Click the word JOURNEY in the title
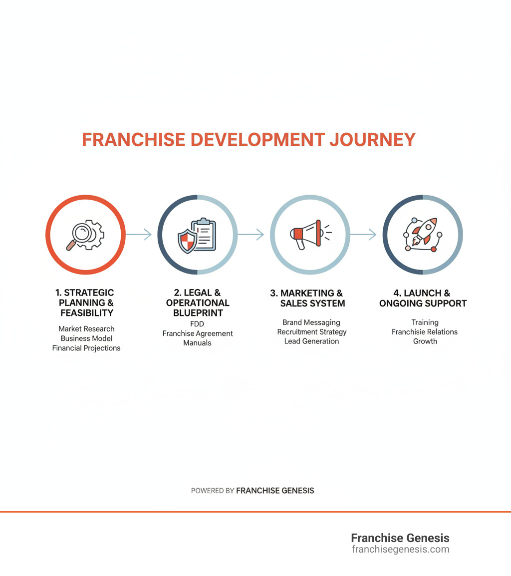point(372,140)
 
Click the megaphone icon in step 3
point(305,234)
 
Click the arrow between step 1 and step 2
point(139,234)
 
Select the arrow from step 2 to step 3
point(251,234)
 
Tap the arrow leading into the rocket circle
point(363,234)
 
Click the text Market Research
point(86,329)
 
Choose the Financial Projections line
point(86,348)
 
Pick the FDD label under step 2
point(197,324)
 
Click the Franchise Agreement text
point(198,333)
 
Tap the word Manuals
point(197,343)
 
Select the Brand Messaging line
point(311,322)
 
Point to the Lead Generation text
point(311,341)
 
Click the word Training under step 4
point(425,322)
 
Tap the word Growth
point(425,341)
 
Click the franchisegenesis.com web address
point(400,550)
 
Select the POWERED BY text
point(213,491)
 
